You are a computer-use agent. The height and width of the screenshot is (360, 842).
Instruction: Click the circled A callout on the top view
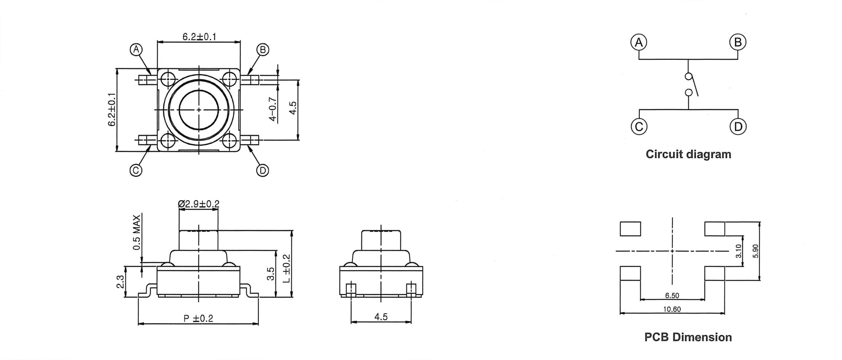coord(136,50)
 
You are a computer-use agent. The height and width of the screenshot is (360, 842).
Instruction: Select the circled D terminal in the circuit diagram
coord(738,127)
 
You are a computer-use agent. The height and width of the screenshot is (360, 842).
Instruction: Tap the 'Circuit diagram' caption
coord(688,154)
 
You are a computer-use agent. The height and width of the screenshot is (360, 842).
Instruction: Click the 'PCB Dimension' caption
coord(688,337)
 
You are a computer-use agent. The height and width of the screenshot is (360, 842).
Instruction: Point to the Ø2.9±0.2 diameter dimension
coord(198,204)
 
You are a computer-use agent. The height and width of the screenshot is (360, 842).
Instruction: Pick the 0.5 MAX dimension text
coord(137,232)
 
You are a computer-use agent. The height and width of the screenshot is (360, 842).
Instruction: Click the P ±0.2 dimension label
coord(198,318)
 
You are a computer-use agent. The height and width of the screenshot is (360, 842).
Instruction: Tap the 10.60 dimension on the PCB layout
coord(672,309)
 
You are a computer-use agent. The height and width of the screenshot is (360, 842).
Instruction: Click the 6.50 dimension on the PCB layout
coord(672,296)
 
